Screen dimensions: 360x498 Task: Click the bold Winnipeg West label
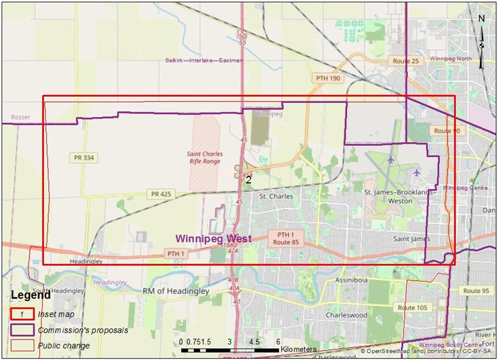[x=214, y=239]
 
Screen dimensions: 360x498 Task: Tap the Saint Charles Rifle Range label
[x=203, y=157]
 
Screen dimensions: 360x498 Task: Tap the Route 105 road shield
[x=410, y=307]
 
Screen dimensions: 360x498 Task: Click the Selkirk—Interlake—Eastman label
[x=203, y=60]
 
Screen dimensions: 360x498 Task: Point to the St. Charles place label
[x=276, y=196]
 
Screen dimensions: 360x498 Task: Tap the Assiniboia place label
[x=351, y=281]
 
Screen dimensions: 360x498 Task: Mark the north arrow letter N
[x=481, y=18]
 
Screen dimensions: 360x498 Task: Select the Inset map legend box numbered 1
[x=22, y=314]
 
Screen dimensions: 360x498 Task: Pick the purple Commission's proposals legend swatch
[x=22, y=330]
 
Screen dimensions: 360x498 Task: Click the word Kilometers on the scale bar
[x=298, y=349]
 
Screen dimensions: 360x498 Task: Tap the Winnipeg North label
[x=450, y=60]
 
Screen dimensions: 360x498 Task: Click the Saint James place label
[x=412, y=239]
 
